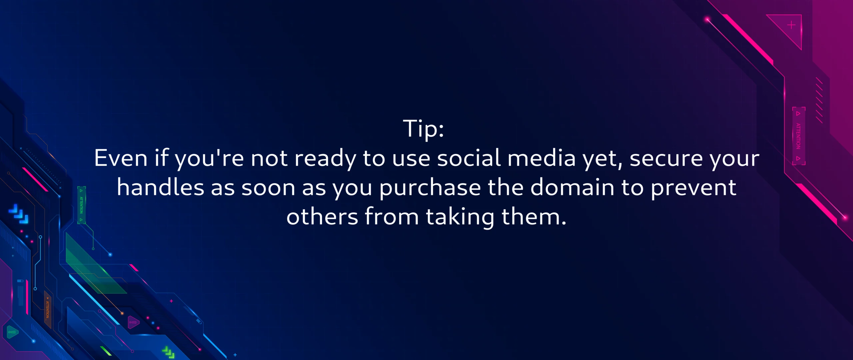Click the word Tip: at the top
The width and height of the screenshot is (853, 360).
(424, 129)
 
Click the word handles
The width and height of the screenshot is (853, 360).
(160, 187)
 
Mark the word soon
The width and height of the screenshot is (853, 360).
(268, 187)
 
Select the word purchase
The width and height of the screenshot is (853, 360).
(430, 187)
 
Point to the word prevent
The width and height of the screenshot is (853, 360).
(693, 187)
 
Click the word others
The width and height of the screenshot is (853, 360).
(322, 217)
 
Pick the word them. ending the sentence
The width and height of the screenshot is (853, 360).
(534, 217)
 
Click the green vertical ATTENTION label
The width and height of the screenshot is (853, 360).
(81, 205)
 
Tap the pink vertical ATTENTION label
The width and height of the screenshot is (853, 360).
(798, 136)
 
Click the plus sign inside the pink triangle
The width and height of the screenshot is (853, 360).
(791, 25)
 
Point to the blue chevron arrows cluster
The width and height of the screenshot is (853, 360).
(19, 214)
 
